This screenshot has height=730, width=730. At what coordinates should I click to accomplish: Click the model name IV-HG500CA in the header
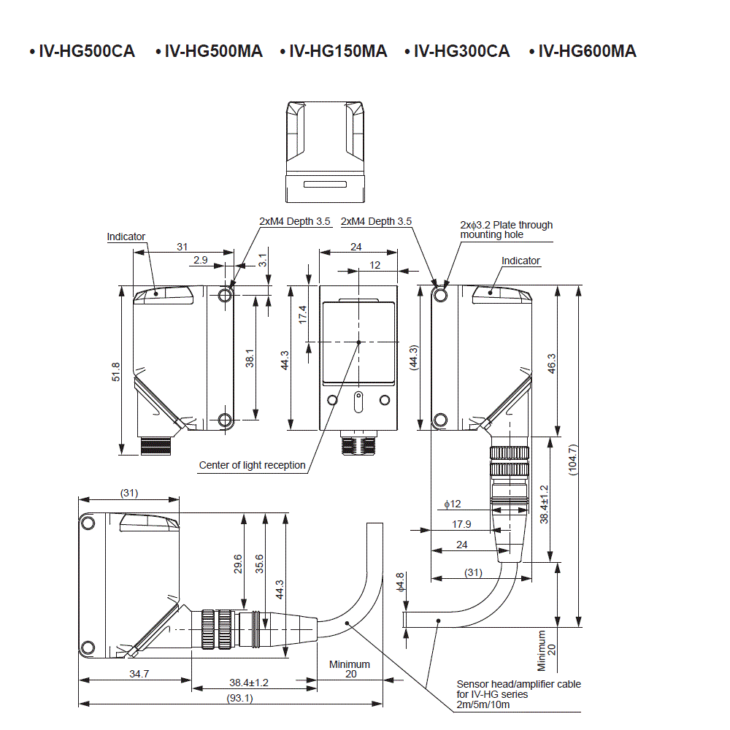coord(86,51)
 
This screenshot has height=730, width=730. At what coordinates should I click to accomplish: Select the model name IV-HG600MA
coord(587,51)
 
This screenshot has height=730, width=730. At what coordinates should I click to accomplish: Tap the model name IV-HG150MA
coord(338,51)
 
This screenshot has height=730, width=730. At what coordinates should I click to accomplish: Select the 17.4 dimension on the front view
coord(303,315)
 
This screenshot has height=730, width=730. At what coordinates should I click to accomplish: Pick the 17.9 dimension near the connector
coord(461,523)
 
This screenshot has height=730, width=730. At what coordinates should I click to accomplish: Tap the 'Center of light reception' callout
coord(252,465)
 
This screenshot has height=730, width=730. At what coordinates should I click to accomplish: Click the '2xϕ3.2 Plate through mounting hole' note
coord(506,229)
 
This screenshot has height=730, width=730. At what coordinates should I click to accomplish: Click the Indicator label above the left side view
coord(126,237)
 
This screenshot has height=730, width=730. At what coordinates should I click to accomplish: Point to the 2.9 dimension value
coord(200,260)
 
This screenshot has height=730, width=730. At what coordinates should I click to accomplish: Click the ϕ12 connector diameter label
coord(453,504)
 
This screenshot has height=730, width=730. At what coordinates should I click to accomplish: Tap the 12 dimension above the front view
coord(375,265)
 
